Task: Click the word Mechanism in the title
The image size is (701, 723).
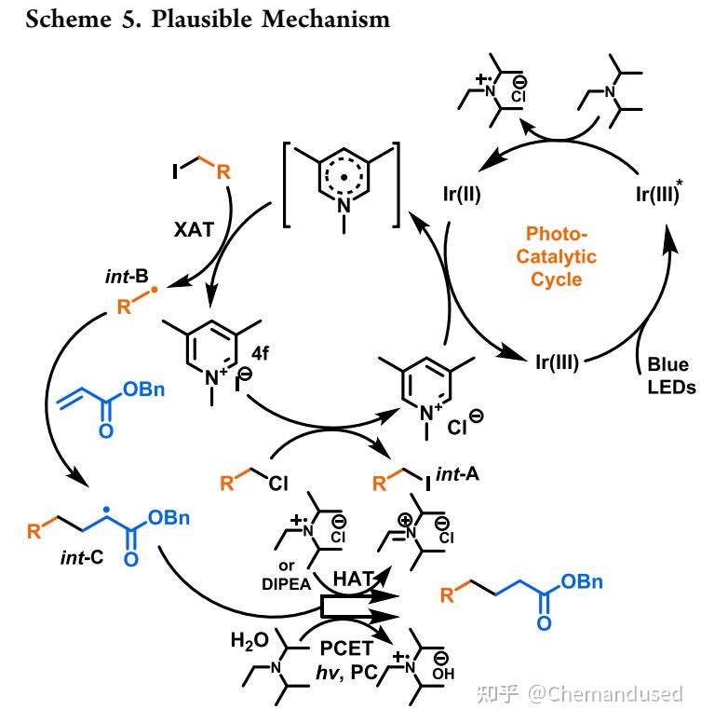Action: pos(326,20)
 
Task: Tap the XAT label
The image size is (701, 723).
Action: pos(194,229)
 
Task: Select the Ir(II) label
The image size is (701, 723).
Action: pos(462,194)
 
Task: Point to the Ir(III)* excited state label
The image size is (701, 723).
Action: pos(659,193)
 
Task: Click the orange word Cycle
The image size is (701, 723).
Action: pos(557,280)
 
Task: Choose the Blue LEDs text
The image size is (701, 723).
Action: pos(671,375)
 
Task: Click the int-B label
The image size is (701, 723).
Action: pos(127,276)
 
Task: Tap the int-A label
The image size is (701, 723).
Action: pos(457,474)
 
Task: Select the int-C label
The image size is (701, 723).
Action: pos(82,558)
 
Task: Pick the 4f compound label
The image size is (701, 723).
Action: pos(261,353)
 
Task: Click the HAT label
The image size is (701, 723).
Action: pos(353,579)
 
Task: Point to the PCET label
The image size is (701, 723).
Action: pos(346,648)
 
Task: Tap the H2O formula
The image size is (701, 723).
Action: pos(249,641)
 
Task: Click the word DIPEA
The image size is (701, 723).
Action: pos(287,585)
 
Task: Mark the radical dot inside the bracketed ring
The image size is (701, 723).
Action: pos(344,177)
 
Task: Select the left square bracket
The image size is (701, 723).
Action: pos(287,184)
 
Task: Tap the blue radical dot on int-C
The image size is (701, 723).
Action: pos(106,510)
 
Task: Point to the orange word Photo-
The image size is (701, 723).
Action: pos(557,234)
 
